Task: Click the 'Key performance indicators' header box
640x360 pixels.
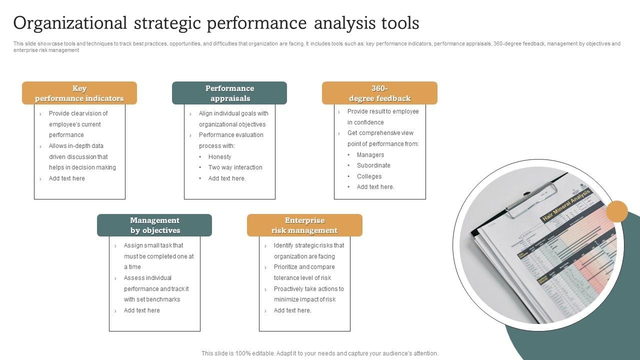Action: [x=79, y=93]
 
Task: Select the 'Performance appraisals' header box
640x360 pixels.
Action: [x=229, y=93]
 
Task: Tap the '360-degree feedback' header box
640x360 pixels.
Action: [x=379, y=93]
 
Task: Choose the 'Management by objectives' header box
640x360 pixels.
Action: [x=154, y=225]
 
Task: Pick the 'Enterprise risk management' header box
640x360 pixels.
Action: [x=304, y=225]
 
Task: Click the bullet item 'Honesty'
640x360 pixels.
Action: [x=219, y=156]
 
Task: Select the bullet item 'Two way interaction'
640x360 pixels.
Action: [x=235, y=167]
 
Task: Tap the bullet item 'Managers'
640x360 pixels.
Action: [x=370, y=155]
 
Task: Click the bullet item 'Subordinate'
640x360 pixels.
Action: [x=373, y=165]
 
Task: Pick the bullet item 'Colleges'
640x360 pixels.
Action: [x=369, y=176]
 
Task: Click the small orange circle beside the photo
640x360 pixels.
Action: [x=617, y=211]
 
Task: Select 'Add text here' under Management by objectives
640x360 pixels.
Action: [x=142, y=310]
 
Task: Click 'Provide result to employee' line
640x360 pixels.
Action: [x=383, y=111]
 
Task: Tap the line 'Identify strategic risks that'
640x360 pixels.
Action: [x=309, y=245]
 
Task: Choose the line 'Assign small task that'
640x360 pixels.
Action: [x=153, y=245]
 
